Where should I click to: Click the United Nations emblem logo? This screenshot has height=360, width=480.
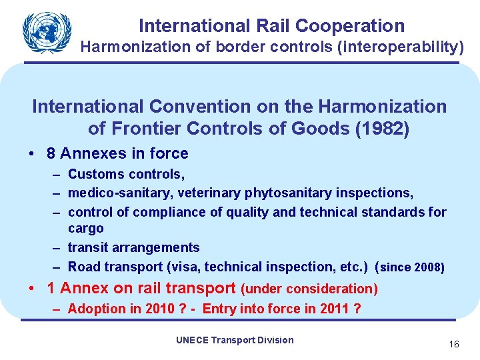[x=46, y=32]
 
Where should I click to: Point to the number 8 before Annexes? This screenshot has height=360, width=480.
[x=51, y=153]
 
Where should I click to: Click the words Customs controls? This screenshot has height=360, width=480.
[x=126, y=174]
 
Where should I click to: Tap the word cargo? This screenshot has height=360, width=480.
[x=86, y=229]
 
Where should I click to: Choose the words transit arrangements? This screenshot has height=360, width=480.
[x=133, y=247]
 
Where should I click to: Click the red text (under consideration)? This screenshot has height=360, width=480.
[x=309, y=289]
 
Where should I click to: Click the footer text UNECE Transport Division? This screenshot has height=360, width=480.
[x=235, y=340]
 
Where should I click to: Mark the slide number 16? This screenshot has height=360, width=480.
[x=454, y=344]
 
